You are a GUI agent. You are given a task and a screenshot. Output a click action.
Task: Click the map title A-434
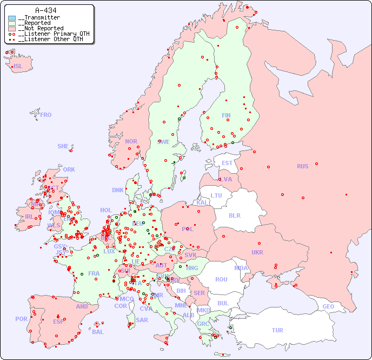coord(46,10)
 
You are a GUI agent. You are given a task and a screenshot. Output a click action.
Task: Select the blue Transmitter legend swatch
coord(12,18)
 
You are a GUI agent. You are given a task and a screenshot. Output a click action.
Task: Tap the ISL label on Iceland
coord(18,67)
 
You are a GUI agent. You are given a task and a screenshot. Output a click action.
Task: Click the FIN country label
coord(226,115)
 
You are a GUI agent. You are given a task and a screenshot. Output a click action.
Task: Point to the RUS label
coord(302,166)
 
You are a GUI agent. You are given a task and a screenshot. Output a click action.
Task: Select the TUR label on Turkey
coord(277,330)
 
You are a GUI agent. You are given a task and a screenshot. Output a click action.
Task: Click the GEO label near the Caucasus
coord(328,306)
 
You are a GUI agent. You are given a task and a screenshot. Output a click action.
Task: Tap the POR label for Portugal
coord(21,319)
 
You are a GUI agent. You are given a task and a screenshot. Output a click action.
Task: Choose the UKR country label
coord(257,252)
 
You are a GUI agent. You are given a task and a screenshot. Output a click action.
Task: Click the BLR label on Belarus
coord(234,215)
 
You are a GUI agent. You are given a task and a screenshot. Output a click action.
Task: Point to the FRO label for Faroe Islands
coord(46,115)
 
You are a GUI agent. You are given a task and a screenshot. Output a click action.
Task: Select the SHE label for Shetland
coord(63,146)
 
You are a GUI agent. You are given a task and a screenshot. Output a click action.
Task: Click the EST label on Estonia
coord(227,163)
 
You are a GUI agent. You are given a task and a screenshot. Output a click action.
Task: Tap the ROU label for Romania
coord(221,279)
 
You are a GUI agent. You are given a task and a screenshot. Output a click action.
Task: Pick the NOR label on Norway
coord(131,141)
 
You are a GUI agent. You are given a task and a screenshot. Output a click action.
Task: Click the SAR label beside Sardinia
coord(142,320)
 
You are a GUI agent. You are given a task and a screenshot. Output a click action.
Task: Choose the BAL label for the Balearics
coord(98,332)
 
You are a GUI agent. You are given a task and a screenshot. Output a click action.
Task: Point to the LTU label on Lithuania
coord(216,195)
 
